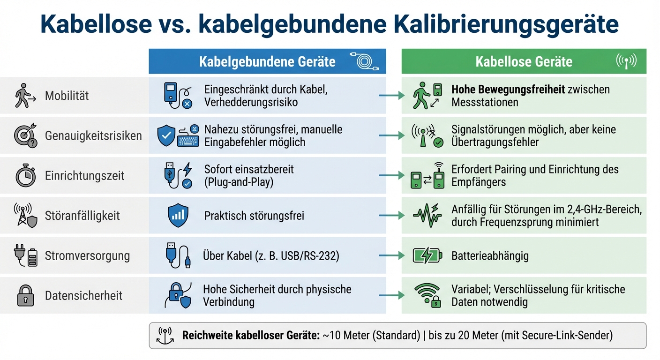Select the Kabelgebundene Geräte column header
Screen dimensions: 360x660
pyautogui.click(x=267, y=61)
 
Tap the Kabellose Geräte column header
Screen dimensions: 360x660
pyautogui.click(x=524, y=61)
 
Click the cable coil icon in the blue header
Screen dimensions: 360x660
pyautogui.click(x=364, y=61)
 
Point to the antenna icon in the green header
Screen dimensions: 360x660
pyautogui.click(x=626, y=61)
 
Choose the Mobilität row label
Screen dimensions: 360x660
pyautogui.click(x=67, y=96)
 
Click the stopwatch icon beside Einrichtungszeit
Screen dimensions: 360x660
pyautogui.click(x=25, y=176)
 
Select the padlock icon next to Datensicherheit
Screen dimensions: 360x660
pyautogui.click(x=25, y=296)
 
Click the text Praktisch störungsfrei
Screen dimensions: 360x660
pyautogui.click(x=254, y=216)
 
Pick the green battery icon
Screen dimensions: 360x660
pyautogui.click(x=427, y=256)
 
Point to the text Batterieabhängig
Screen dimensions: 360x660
pyautogui.click(x=490, y=256)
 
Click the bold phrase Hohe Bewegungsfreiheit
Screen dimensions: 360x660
pyautogui.click(x=508, y=90)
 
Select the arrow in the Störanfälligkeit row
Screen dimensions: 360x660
pyautogui.click(x=391, y=216)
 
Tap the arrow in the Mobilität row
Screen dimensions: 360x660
pyautogui.click(x=391, y=96)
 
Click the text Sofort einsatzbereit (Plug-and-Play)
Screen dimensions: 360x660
pyautogui.click(x=248, y=176)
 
